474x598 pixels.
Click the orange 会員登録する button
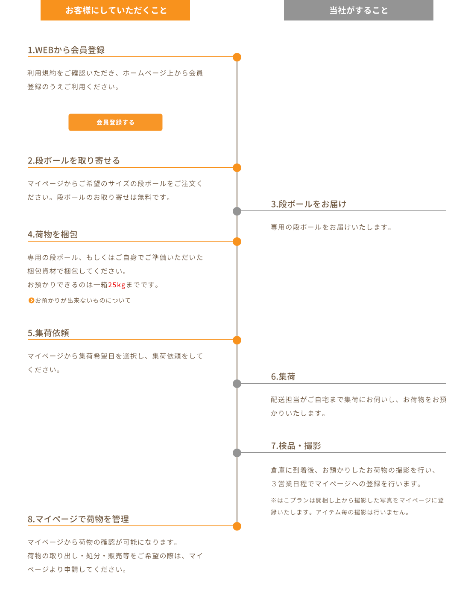pos(115,122)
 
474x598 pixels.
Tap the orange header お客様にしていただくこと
pos(115,10)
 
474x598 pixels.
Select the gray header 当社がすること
pos(358,10)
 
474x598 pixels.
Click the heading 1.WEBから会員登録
pos(66,50)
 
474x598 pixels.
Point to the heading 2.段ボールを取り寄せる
pos(74,160)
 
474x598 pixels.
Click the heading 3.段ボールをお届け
pos(308,204)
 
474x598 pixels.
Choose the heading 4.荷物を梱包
pos(53,234)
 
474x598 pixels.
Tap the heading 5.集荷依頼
pos(48,333)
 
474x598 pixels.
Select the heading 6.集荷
pos(283,376)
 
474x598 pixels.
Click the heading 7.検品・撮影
pos(296,446)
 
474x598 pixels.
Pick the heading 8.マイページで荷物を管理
pos(78,519)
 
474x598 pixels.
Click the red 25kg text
pos(117,285)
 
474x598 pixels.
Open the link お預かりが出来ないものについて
pos(83,300)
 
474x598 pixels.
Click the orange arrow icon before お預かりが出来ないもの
pos(31,300)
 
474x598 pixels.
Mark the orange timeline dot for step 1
pos(237,57)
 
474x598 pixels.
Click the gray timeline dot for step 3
pos(237,211)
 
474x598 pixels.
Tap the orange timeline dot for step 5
pos(237,340)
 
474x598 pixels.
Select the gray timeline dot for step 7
pos(237,453)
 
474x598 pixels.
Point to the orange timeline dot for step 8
pos(237,526)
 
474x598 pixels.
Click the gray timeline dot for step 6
pos(237,384)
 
